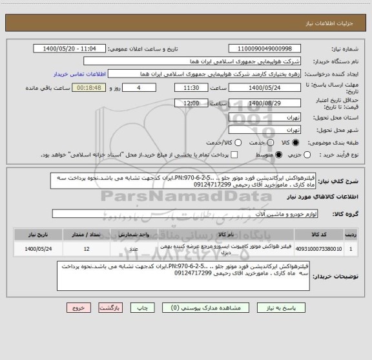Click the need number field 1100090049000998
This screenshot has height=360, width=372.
pyautogui.click(x=265, y=49)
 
